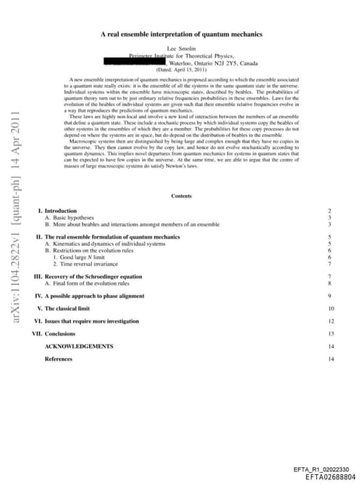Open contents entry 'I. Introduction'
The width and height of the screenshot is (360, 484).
(x=58, y=211)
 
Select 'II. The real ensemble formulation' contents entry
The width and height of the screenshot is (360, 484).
(x=109, y=237)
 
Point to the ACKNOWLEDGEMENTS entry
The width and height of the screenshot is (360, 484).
(x=79, y=346)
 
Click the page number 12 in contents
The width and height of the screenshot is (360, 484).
(x=330, y=321)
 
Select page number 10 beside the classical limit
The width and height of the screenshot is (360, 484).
(x=330, y=309)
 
